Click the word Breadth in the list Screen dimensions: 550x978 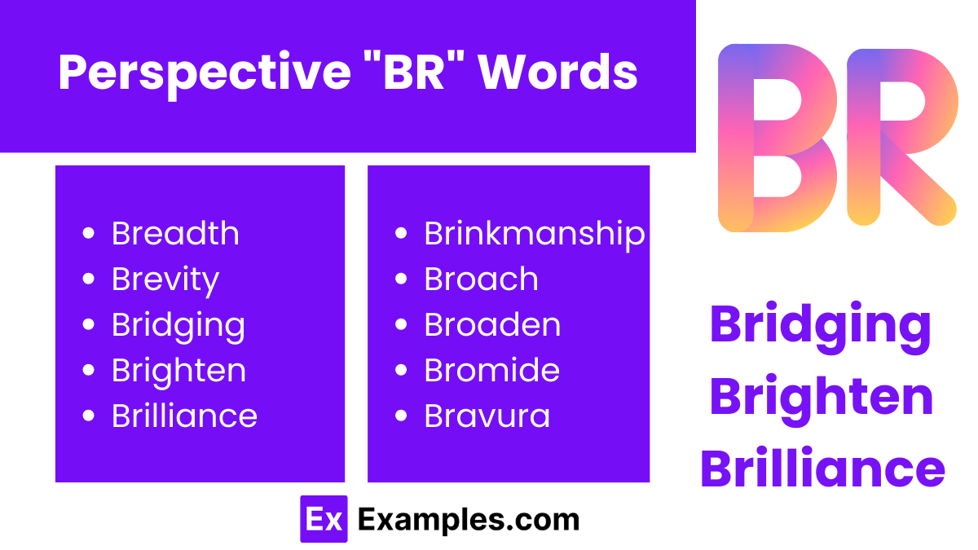(x=175, y=234)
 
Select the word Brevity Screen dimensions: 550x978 (x=165, y=280)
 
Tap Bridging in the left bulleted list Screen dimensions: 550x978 (x=178, y=326)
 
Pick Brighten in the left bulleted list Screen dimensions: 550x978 (x=178, y=372)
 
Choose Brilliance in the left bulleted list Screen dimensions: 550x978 (x=184, y=416)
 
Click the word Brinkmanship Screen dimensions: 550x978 (x=535, y=234)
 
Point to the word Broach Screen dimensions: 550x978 (x=481, y=279)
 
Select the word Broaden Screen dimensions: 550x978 (x=492, y=325)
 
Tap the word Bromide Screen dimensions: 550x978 (x=491, y=371)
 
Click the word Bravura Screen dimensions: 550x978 (x=487, y=416)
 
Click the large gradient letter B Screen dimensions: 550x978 (x=774, y=137)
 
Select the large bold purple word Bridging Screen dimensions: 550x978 (x=821, y=324)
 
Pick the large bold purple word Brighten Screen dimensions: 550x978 (x=822, y=397)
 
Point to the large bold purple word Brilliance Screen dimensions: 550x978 (x=822, y=469)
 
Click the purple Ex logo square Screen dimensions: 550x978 (x=324, y=519)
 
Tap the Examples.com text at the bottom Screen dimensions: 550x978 (x=468, y=520)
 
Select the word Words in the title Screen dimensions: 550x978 (x=558, y=73)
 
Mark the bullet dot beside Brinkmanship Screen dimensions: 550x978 (x=400, y=234)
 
